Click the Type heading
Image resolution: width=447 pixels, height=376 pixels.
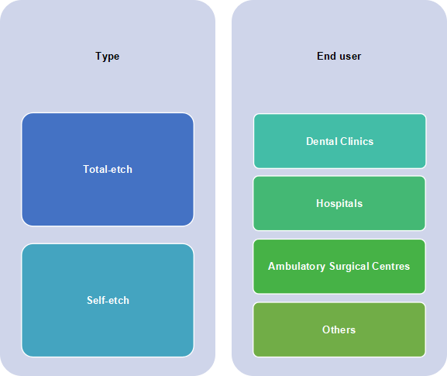click(107, 57)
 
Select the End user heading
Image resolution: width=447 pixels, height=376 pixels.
click(339, 56)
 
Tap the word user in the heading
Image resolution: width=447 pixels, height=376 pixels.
click(349, 57)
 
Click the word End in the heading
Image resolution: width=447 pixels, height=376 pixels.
click(326, 56)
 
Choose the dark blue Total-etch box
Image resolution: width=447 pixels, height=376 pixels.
click(108, 170)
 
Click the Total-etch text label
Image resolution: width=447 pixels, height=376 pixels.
click(108, 170)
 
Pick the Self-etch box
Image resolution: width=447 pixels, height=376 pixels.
click(108, 300)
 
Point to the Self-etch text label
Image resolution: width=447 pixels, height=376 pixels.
click(108, 300)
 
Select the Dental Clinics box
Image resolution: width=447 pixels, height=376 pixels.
click(340, 141)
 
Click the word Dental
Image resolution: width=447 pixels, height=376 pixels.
click(321, 142)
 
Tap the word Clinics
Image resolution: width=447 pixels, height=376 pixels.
click(357, 142)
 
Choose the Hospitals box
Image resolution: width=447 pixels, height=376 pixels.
click(339, 203)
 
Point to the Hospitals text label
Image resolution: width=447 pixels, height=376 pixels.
click(339, 204)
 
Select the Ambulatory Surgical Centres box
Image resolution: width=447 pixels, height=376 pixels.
click(339, 267)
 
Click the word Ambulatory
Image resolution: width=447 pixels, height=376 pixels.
click(297, 267)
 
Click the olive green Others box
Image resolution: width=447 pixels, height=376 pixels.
click(339, 329)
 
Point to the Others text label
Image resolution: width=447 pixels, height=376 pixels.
click(339, 329)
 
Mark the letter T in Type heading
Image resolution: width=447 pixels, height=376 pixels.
click(98, 56)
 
